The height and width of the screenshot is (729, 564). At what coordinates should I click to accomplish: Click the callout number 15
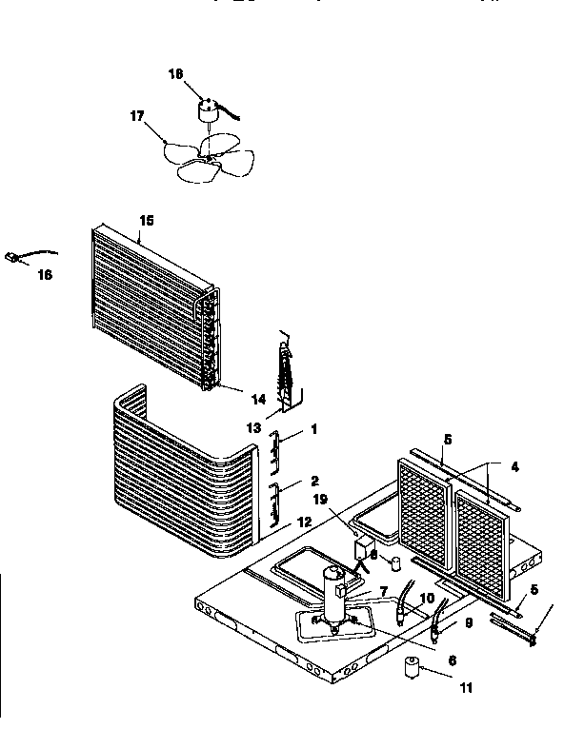[146, 221]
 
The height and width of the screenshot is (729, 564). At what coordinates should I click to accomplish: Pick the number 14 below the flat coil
[232, 399]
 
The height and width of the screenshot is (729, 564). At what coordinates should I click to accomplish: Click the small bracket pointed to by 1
[276, 447]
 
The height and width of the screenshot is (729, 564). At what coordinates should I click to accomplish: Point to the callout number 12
[303, 522]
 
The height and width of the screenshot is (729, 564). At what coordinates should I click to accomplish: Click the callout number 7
[382, 591]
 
